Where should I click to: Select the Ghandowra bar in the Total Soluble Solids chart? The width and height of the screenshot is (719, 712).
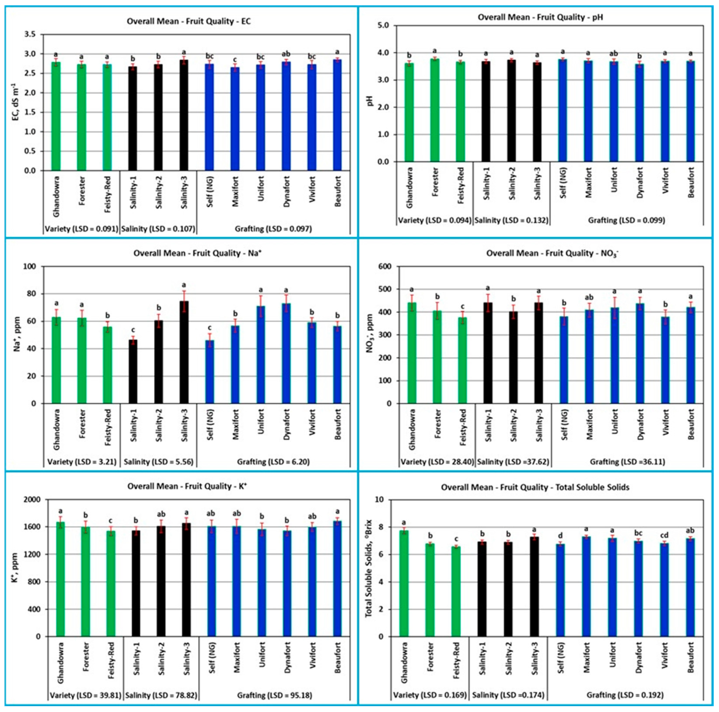pyautogui.click(x=404, y=583)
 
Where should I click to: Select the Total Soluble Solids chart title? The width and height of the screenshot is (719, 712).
pyautogui.click(x=535, y=487)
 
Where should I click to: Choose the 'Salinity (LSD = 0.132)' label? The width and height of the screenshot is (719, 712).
pyautogui.click(x=511, y=220)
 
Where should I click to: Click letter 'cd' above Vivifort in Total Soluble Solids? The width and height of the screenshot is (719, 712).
pyautogui.click(x=664, y=535)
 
